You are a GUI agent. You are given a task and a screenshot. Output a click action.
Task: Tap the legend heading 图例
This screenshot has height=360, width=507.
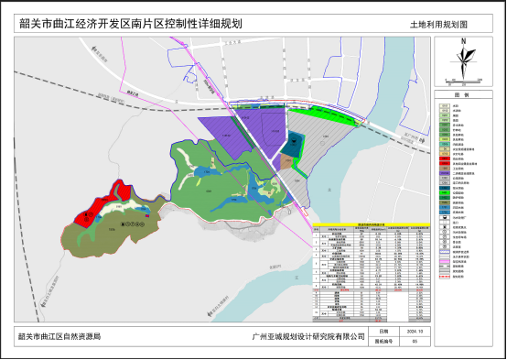click(462, 95)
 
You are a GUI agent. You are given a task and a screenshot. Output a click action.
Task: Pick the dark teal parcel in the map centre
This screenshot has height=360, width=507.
click(294, 143)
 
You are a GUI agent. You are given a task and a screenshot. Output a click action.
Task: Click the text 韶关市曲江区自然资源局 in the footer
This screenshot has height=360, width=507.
click(59, 336)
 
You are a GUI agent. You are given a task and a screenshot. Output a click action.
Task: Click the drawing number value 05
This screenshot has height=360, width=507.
click(415, 341)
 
